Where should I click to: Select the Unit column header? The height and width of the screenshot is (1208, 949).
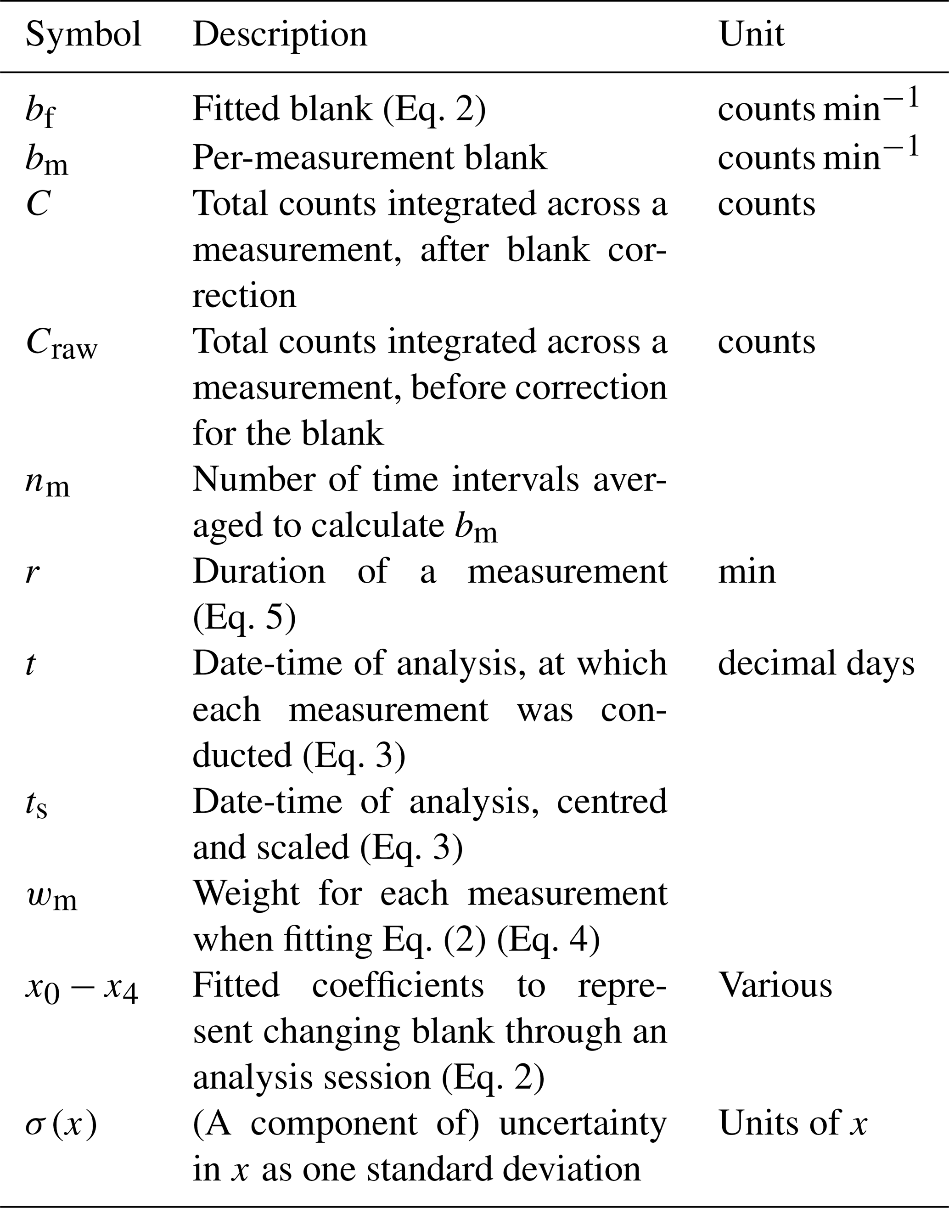(751, 34)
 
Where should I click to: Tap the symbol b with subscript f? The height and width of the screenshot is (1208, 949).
(40, 111)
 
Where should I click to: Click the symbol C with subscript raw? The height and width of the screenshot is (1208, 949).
(61, 344)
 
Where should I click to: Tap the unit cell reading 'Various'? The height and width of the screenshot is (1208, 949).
(775, 985)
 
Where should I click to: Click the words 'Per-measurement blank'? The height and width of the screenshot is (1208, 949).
(370, 158)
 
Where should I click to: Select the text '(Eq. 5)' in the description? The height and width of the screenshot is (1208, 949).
(244, 618)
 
